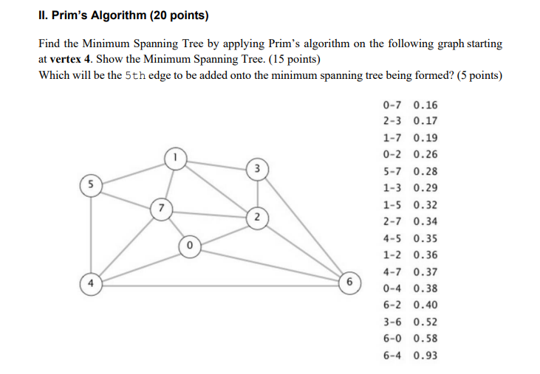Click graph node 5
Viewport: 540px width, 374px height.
tap(90, 183)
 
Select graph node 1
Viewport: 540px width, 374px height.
tap(175, 156)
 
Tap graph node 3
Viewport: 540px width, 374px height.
tap(256, 168)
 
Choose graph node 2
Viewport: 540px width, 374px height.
tap(256, 217)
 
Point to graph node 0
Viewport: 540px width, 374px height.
tap(189, 245)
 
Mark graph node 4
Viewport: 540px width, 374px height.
tap(90, 283)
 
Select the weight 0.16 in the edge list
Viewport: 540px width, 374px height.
tap(425, 105)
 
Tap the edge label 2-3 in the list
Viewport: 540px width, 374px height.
tap(394, 121)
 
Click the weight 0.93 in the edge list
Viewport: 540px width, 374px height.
tap(425, 356)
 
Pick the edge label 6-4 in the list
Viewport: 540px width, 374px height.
tap(394, 356)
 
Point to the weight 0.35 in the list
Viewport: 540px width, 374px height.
tap(425, 238)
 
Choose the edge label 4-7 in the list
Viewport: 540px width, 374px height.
tap(394, 271)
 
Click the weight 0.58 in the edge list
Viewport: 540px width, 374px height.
tap(425, 339)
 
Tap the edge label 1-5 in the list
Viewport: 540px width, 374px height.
tap(394, 204)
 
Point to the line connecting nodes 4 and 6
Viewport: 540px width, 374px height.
tap(222, 284)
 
